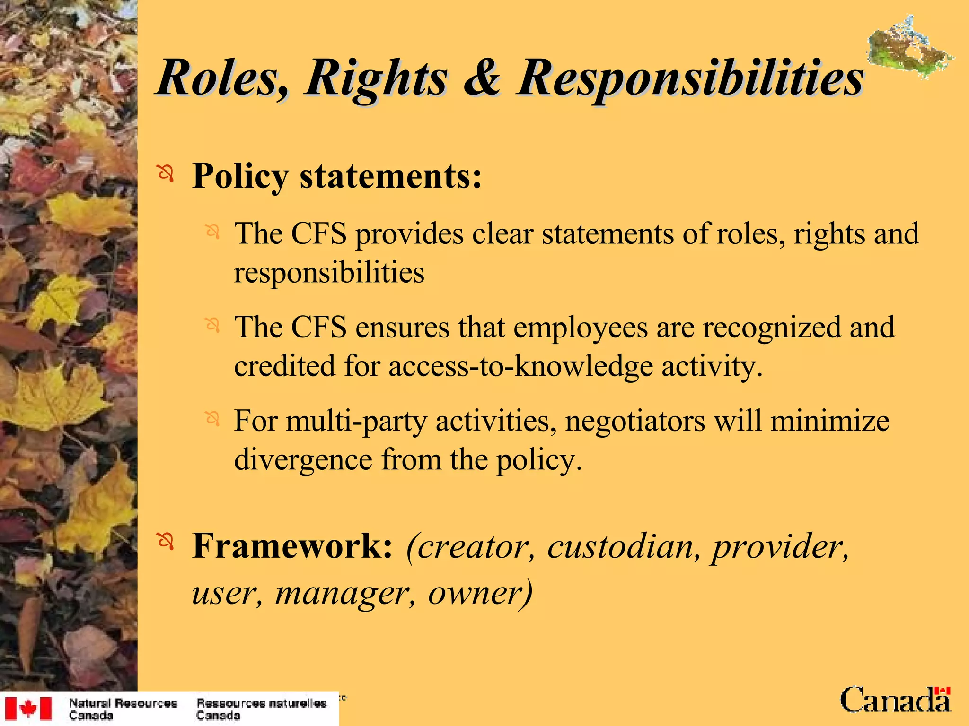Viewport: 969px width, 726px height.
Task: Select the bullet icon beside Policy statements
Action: pos(166,174)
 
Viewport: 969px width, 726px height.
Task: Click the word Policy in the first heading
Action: pos(240,177)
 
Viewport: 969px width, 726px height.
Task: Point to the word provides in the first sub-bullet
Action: pos(409,234)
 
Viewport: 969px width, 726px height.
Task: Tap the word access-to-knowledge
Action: pos(520,366)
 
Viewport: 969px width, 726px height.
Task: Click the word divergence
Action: pos(303,459)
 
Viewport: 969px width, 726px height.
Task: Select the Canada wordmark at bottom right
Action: pos(895,700)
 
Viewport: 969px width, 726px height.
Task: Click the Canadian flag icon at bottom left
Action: pos(28,708)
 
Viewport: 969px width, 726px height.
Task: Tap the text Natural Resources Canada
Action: pos(123,709)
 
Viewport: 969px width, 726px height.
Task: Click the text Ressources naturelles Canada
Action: pos(261,709)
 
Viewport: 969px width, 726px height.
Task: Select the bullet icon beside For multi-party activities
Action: pos(212,418)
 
